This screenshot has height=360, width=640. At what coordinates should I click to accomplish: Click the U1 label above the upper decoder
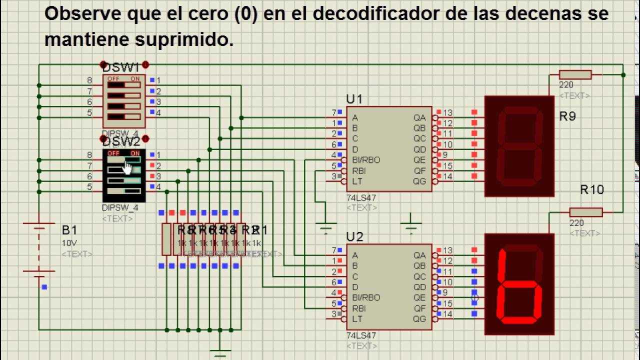[354, 99]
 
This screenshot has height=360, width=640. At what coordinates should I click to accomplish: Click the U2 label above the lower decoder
[354, 236]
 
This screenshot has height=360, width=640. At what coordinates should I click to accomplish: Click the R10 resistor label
[591, 189]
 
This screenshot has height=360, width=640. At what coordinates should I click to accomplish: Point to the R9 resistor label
[567, 116]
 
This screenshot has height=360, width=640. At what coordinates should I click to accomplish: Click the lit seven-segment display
[519, 284]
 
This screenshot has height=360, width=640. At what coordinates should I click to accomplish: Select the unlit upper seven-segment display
[519, 146]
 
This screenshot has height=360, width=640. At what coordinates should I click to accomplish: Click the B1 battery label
[69, 230]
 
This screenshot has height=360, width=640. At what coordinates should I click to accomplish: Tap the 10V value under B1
[69, 243]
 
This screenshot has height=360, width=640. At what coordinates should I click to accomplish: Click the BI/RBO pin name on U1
[366, 160]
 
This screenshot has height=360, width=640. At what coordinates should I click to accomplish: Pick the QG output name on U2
[419, 318]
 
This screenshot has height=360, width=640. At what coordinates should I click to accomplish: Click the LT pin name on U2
[356, 318]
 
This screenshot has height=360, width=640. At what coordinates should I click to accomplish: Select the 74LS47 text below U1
[361, 198]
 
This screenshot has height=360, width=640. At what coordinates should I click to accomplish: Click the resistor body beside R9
[575, 74]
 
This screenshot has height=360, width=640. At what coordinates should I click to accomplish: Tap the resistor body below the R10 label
[585, 212]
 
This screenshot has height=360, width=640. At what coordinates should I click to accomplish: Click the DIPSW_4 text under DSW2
[120, 207]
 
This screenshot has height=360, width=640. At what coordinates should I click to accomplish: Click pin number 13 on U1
[448, 112]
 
